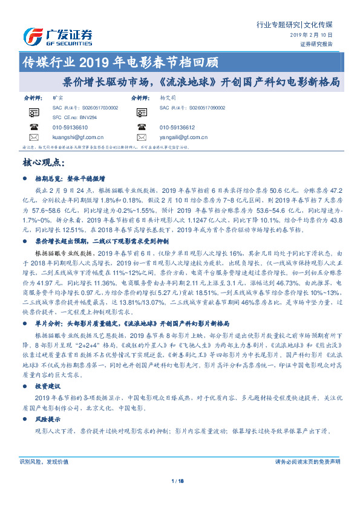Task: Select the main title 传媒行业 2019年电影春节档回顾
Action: pos(119,61)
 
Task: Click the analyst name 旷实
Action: pos(58,97)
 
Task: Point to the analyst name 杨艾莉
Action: pos(166,97)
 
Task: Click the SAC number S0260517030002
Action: pos(85,107)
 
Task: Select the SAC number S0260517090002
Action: pos(192,107)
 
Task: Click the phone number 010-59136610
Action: pos(70,128)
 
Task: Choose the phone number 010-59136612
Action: pos(177,128)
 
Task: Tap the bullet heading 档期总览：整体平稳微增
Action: pos(70,179)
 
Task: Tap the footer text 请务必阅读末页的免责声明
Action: pos(307,461)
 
